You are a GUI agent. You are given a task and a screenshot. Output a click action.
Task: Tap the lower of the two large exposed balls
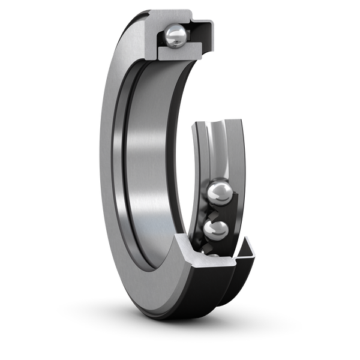217,230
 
